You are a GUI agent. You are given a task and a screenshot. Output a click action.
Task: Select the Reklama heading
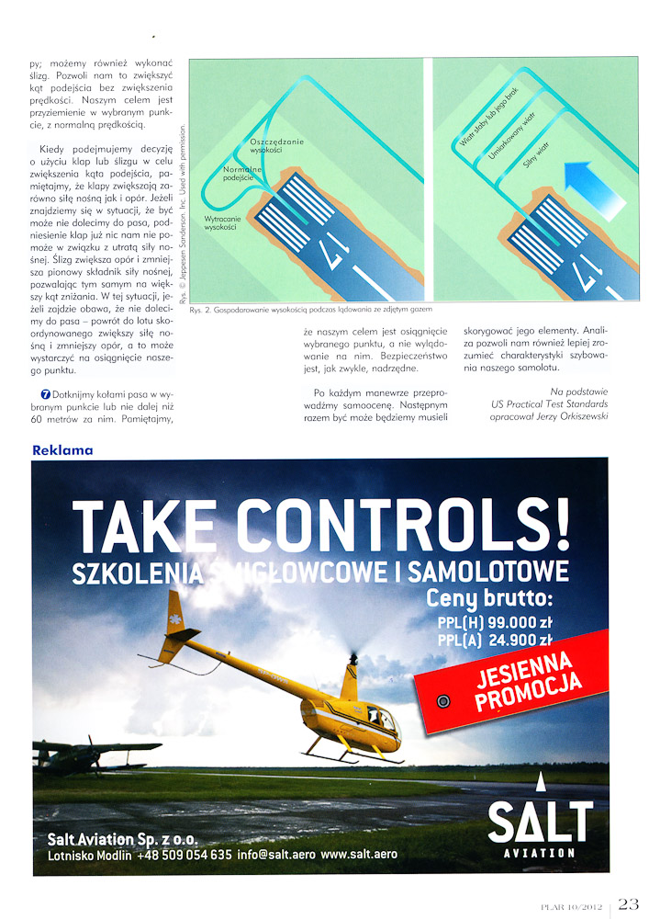tap(62, 450)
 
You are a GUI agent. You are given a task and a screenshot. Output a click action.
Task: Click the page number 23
tap(628, 903)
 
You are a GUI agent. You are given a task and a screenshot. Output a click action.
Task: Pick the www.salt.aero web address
tap(359, 854)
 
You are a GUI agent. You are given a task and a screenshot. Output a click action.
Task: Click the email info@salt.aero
tap(275, 854)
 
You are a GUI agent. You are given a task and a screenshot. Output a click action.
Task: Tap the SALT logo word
tap(540, 821)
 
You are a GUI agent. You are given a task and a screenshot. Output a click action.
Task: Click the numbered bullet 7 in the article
tap(33, 394)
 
